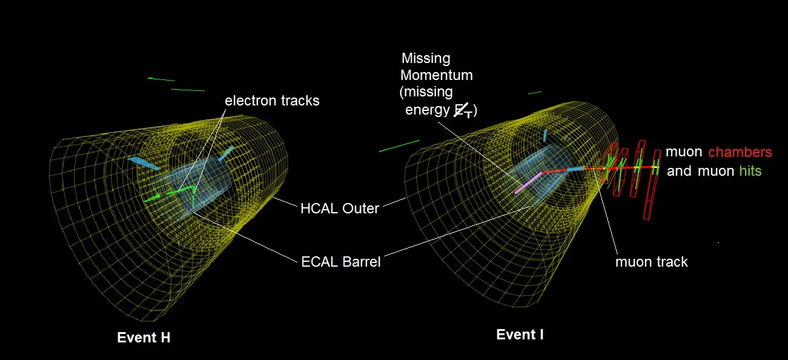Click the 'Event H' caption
144,338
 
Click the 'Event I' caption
520,335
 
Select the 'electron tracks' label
272,101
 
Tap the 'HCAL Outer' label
340,208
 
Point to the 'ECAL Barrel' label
341,262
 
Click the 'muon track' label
652,262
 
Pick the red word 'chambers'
740,152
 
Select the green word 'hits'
750,171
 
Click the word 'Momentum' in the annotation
437,75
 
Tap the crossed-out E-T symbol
463,110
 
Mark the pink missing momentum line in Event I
528,183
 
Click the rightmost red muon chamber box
652,185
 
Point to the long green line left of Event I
399,146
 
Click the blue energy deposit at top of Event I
545,136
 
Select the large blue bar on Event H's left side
144,164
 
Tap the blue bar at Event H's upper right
226,153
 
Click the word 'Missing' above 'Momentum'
426,58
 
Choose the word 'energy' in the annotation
427,110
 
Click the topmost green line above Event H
161,79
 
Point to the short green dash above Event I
535,93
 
